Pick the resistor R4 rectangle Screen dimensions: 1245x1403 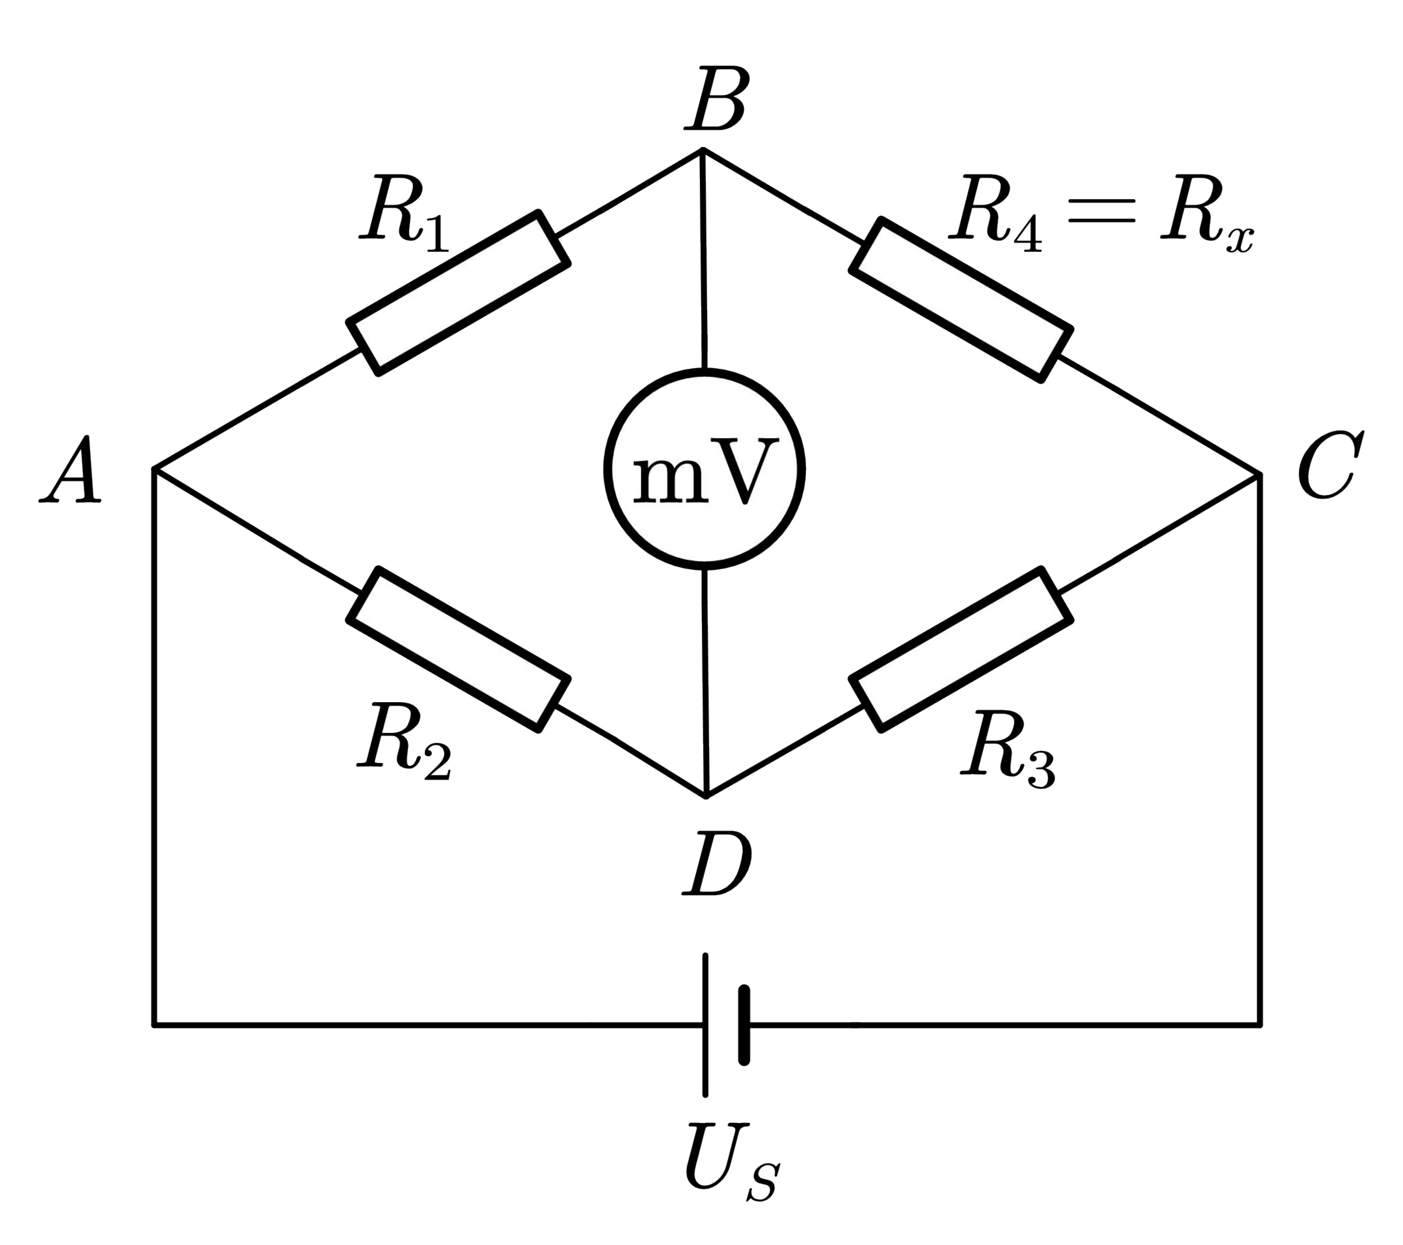961,300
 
